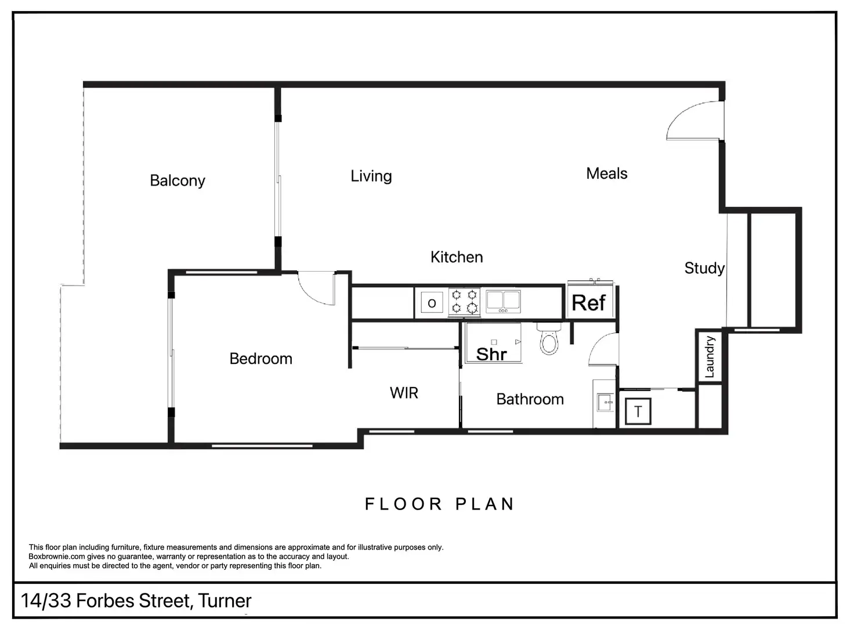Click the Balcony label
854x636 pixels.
click(178, 180)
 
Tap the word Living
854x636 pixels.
click(371, 176)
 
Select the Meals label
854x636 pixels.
click(607, 174)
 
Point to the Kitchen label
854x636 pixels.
click(457, 257)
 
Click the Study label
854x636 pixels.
click(704, 268)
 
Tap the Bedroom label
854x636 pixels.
click(260, 359)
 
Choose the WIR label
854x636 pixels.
click(404, 393)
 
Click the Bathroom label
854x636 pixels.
click(530, 399)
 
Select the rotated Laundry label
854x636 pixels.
click(710, 357)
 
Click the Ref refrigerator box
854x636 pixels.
click(589, 302)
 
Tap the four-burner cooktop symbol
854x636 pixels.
click(464, 302)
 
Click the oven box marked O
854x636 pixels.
click(432, 303)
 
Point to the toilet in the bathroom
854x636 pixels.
click(549, 340)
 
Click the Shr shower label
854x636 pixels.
click(491, 353)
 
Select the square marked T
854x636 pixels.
click(638, 411)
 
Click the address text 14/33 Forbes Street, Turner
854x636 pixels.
click(136, 601)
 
